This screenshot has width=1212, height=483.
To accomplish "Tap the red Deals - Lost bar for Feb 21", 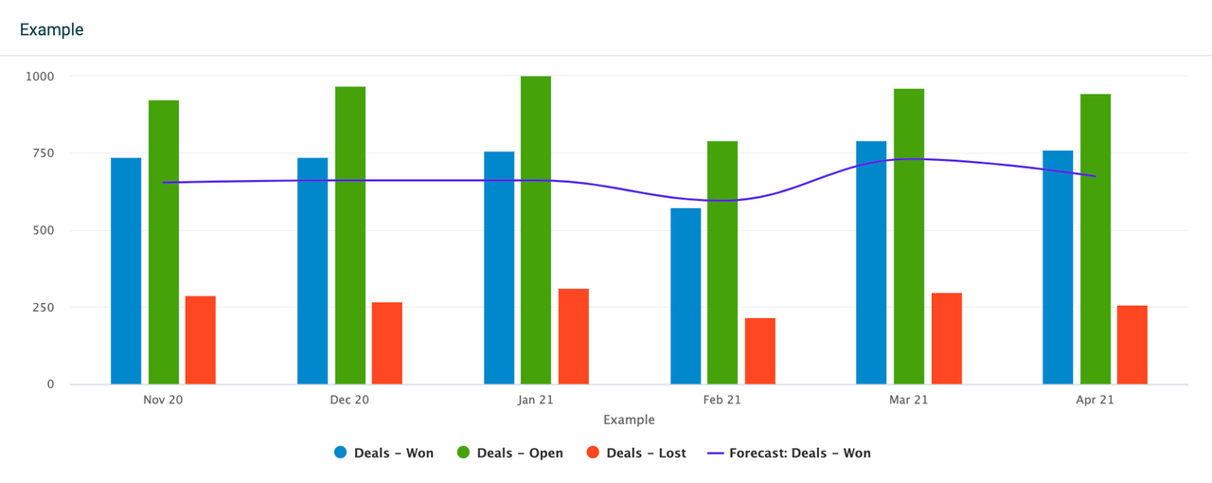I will pos(760,351).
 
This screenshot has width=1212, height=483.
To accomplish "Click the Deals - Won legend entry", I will pos(383,453).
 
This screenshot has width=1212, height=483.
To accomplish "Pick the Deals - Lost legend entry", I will pos(636,453).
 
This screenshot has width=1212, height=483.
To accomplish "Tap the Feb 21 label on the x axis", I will pos(722,400).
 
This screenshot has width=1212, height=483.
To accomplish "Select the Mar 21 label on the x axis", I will pos(909,400).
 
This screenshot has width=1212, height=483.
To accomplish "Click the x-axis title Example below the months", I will pos(629,420).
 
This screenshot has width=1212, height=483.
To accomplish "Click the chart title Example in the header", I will pos(52,29).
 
